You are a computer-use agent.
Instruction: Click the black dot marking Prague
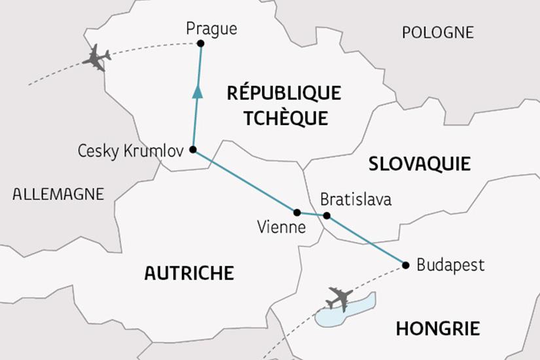pyautogui.click(x=201, y=43)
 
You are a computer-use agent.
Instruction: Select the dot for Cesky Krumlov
pyautogui.click(x=192, y=149)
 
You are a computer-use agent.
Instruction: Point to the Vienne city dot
pyautogui.click(x=297, y=212)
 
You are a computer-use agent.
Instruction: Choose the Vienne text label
pyautogui.click(x=281, y=228)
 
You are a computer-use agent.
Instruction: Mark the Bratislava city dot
pyautogui.click(x=327, y=215)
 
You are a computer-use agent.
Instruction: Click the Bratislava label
pyautogui.click(x=355, y=199)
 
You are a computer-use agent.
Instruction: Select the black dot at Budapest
pyautogui.click(x=405, y=265)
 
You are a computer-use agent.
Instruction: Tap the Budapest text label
pyautogui.click(x=450, y=265)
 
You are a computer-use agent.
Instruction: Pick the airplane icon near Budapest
pyautogui.click(x=339, y=298)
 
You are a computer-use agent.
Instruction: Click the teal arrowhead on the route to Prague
pyautogui.click(x=197, y=93)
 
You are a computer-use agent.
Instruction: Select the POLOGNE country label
pyautogui.click(x=437, y=32)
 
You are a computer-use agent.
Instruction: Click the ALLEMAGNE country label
pyautogui.click(x=58, y=194)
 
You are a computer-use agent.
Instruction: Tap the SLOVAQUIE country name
pyautogui.click(x=419, y=164)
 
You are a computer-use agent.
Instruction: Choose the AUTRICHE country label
pyautogui.click(x=189, y=272)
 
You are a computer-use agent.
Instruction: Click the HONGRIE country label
pyautogui.click(x=437, y=328)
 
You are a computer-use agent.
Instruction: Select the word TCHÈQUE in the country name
pyautogui.click(x=284, y=117)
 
